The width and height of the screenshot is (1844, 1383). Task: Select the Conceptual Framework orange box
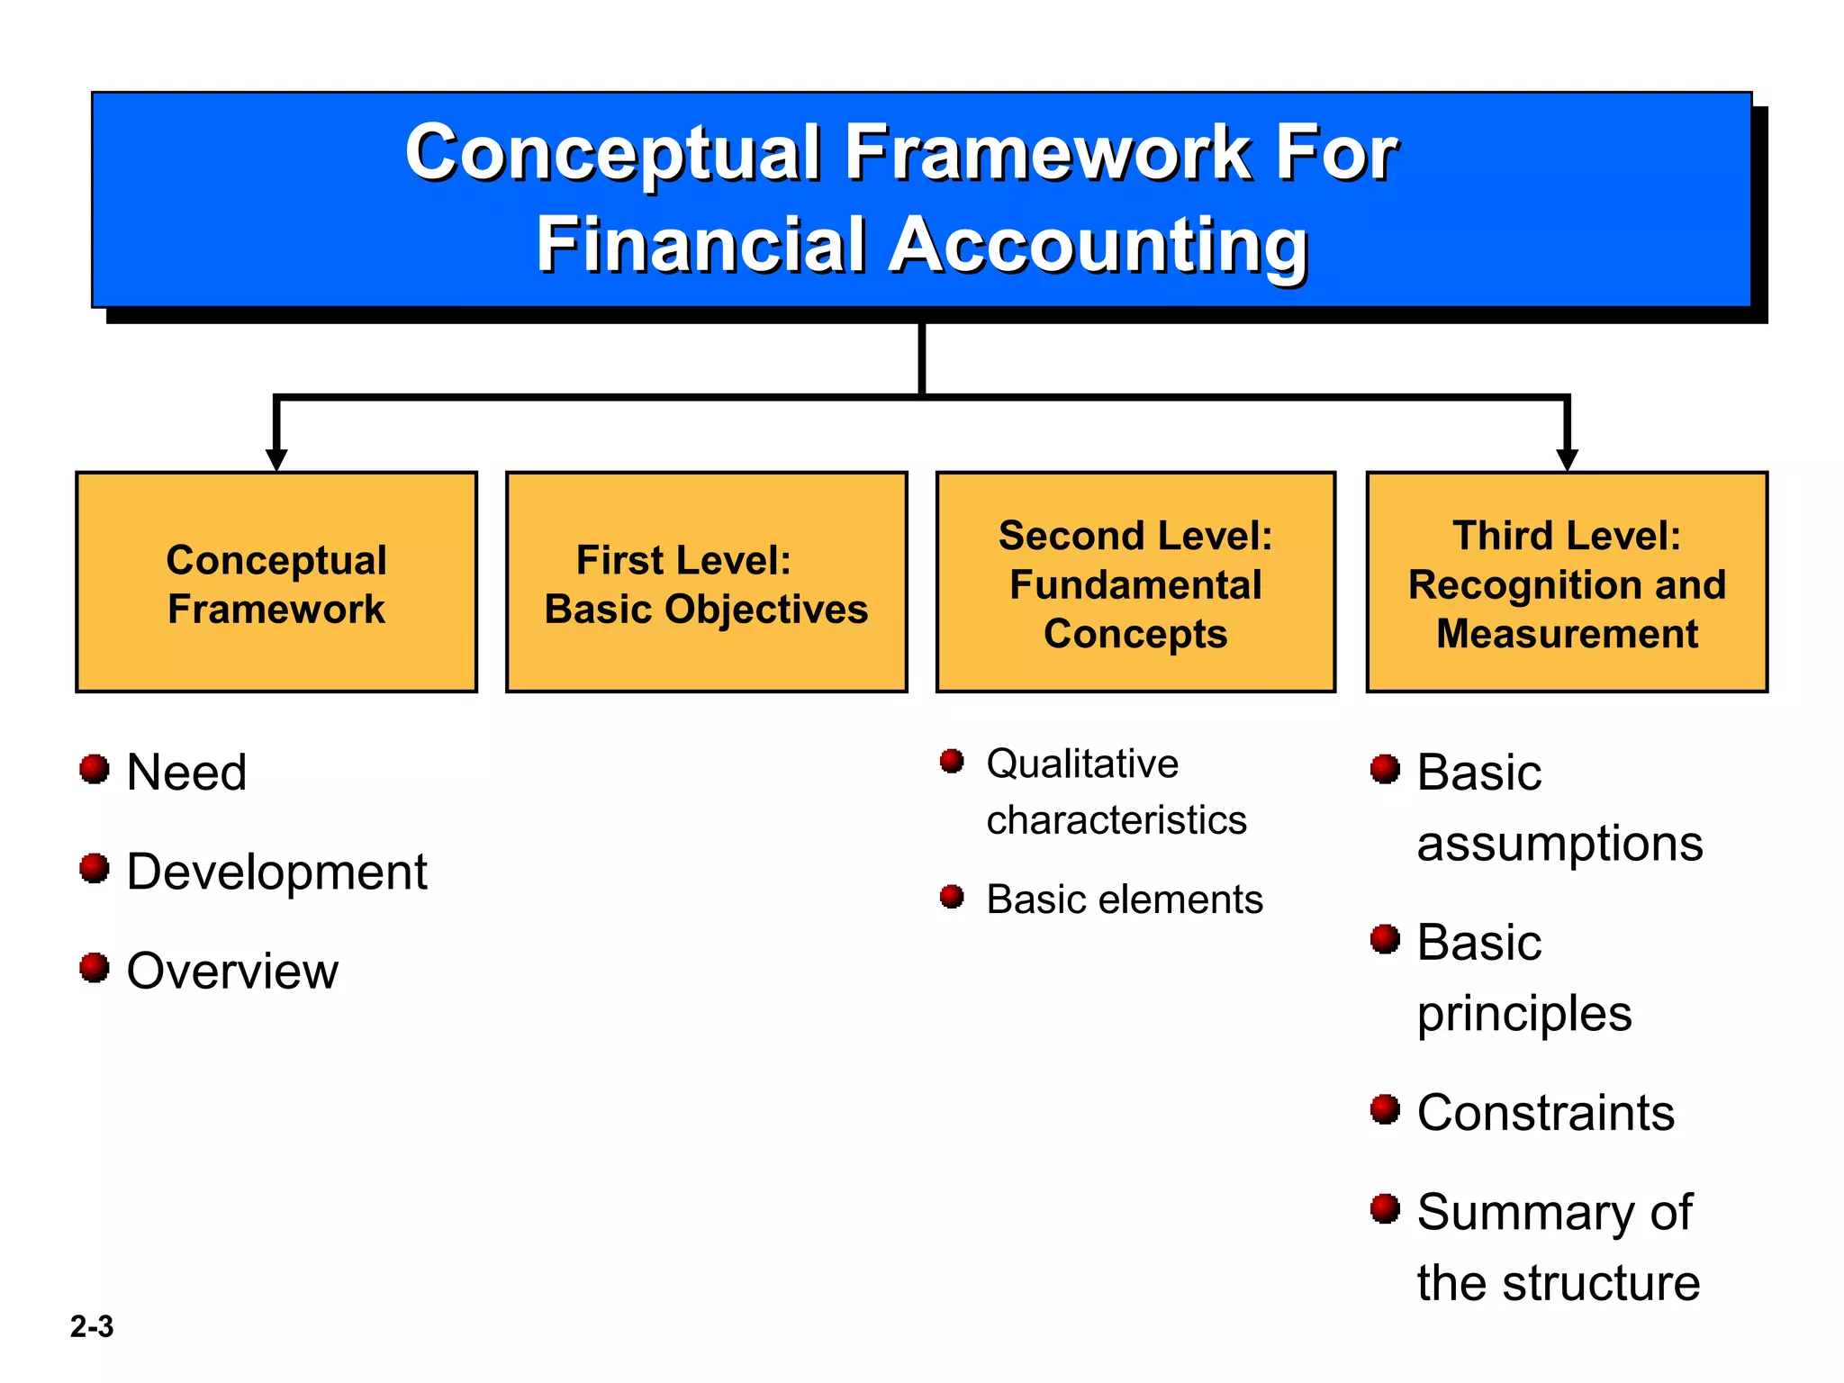tap(276, 583)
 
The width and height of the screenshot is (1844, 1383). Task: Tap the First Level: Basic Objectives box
tap(706, 583)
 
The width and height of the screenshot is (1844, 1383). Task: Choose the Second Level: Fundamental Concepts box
tap(1135, 583)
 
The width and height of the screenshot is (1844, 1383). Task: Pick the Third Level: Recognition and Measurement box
tap(1567, 583)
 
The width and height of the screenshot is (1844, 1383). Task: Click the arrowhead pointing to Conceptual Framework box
tap(276, 459)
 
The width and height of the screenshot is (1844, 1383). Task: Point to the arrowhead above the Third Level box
tap(1567, 459)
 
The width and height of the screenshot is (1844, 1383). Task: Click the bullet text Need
tap(186, 773)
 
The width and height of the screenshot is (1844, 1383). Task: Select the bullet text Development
tap(276, 872)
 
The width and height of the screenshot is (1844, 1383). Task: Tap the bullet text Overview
tap(232, 971)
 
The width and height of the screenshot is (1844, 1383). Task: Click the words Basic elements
tap(1125, 899)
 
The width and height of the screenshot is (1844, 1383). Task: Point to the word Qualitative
tap(1082, 764)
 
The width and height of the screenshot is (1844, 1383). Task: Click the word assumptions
tap(1559, 844)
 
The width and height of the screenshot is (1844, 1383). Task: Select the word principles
tap(1523, 1014)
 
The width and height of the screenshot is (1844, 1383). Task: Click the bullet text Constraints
tap(1545, 1113)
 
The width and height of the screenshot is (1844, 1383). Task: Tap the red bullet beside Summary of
tap(1385, 1208)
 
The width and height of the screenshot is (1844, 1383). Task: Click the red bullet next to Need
tap(94, 769)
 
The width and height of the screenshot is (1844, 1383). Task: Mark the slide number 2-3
tap(92, 1326)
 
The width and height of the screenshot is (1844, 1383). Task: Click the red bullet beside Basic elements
tap(952, 897)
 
